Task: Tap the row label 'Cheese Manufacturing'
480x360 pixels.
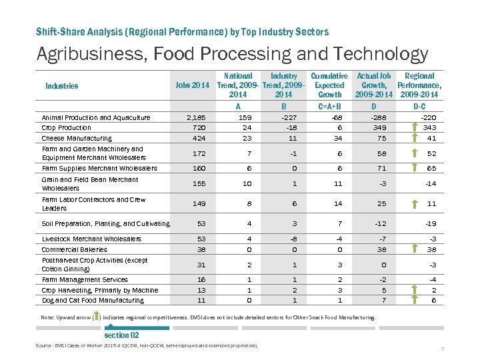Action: [x=77, y=139]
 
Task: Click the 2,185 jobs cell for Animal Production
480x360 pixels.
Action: [x=197, y=117]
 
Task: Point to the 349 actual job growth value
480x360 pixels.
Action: [x=378, y=127]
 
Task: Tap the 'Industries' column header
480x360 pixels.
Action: [x=62, y=85]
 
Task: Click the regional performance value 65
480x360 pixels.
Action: [x=431, y=169]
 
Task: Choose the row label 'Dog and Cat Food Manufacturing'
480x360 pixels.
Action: [x=93, y=301]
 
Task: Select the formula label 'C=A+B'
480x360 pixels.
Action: [x=329, y=106]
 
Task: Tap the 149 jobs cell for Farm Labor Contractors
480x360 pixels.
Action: [x=198, y=204]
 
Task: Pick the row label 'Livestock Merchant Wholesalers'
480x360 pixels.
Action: [x=91, y=239]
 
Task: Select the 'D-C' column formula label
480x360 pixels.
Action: [x=420, y=106]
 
